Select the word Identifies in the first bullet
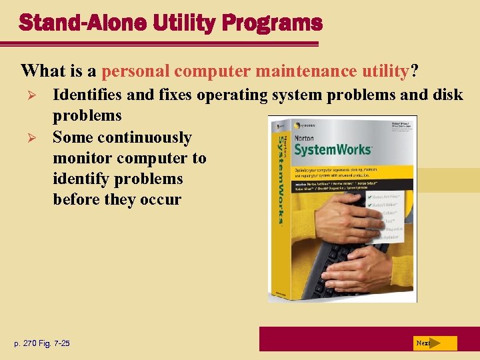pos(87,95)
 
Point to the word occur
pos(161,200)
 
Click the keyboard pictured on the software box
pos(340,267)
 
